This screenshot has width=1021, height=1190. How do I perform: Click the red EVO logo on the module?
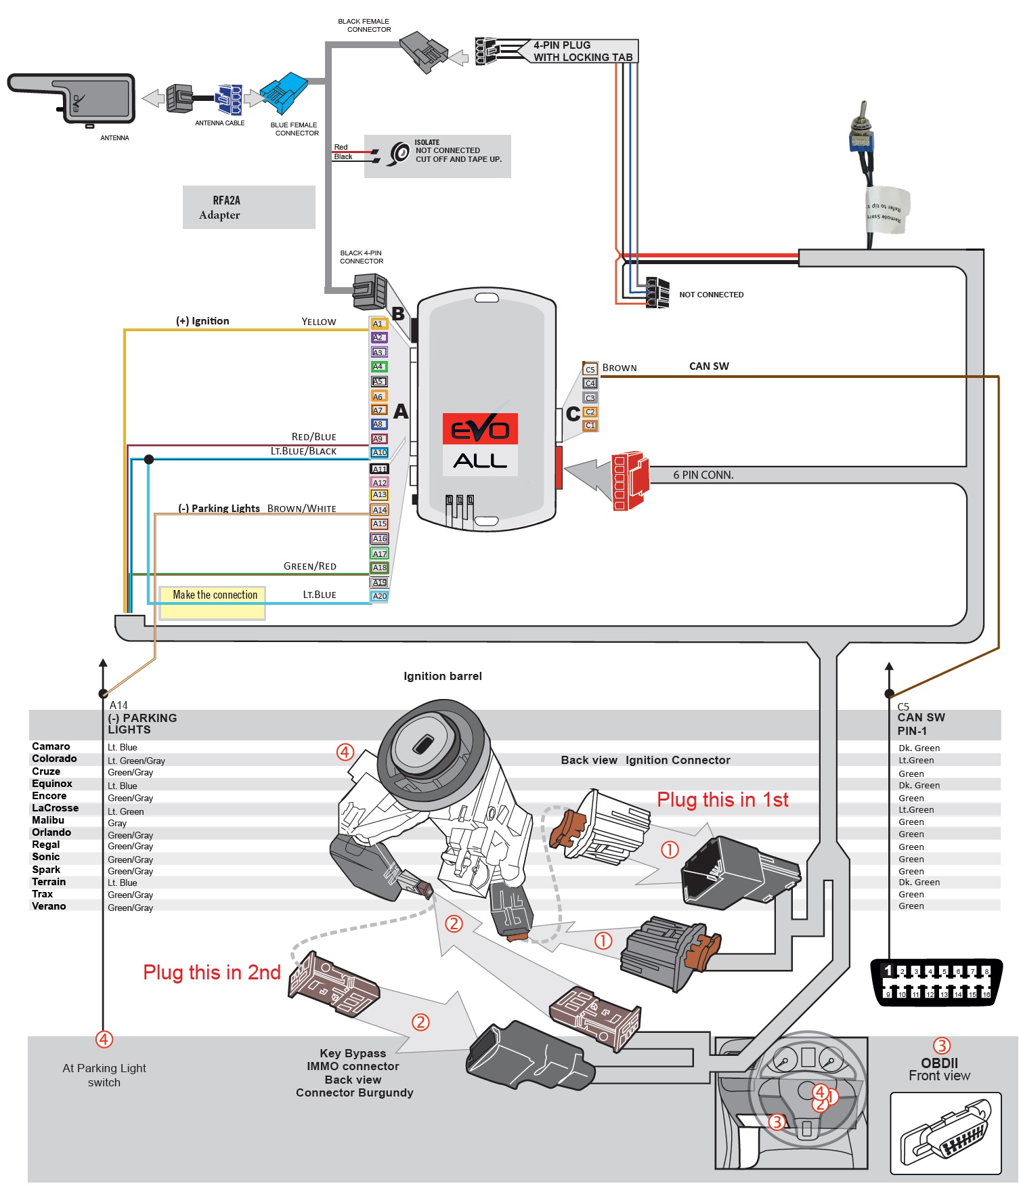tap(480, 429)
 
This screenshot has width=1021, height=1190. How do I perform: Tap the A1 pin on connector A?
tap(378, 324)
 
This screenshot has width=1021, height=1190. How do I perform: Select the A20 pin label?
tap(380, 597)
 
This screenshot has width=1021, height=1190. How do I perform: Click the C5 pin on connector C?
tap(590, 370)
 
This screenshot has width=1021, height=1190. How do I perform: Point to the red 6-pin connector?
tap(629, 480)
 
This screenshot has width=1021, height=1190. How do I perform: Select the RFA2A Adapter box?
tap(248, 207)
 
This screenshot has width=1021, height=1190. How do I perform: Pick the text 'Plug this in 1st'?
tap(722, 800)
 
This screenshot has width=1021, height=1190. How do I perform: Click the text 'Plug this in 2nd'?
tap(211, 973)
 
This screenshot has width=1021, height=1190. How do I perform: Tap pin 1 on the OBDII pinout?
tap(888, 971)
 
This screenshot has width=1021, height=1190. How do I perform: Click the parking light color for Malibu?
tap(117, 824)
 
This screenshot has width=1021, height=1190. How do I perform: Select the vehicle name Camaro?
tap(51, 746)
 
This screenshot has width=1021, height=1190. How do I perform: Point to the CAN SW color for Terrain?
tap(919, 883)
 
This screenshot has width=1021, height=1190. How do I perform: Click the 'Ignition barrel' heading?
tap(443, 677)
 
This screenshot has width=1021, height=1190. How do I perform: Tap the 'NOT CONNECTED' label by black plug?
tap(711, 295)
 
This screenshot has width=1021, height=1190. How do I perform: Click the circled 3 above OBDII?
tap(942, 1046)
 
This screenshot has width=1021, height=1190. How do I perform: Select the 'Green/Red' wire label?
tap(309, 567)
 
